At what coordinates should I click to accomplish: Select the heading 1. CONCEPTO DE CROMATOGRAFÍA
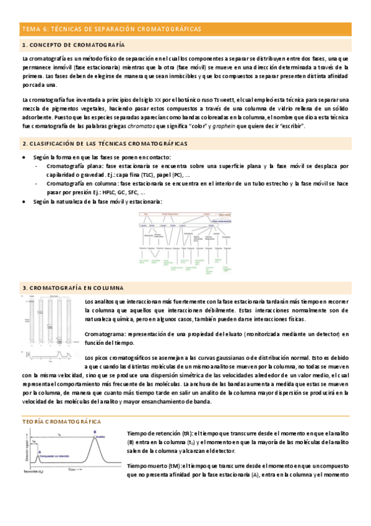73,45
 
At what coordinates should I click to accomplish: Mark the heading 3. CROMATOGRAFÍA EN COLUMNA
72,288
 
